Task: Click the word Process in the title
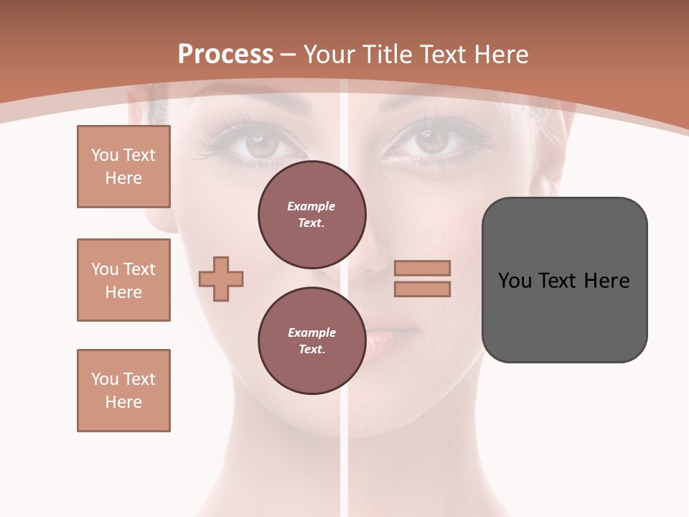[x=225, y=55]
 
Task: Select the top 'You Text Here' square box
[x=123, y=167]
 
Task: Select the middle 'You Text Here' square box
[x=123, y=280]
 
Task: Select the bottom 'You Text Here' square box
[x=123, y=391]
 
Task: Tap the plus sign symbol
[x=221, y=279]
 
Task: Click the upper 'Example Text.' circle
[x=311, y=215]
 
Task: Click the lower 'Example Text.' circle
[x=311, y=340]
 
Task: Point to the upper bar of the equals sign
[x=422, y=269]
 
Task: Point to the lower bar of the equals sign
[x=422, y=289]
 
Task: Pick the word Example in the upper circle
[x=311, y=206]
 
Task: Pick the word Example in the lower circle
[x=311, y=332]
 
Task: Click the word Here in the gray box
[x=606, y=281]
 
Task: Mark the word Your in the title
[x=329, y=55]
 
